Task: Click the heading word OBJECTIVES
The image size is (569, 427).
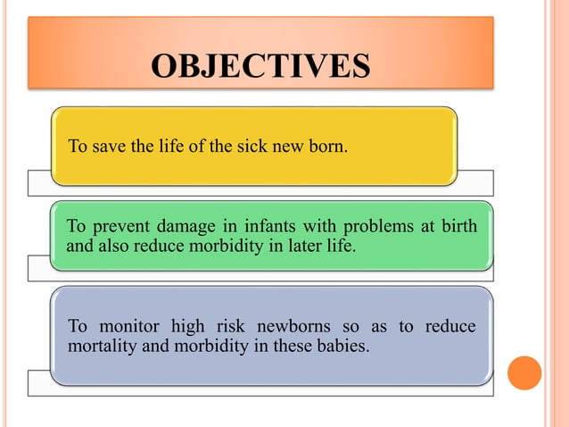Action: (260, 66)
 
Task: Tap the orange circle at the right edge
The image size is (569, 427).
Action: (524, 373)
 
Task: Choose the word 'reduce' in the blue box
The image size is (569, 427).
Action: (449, 327)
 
